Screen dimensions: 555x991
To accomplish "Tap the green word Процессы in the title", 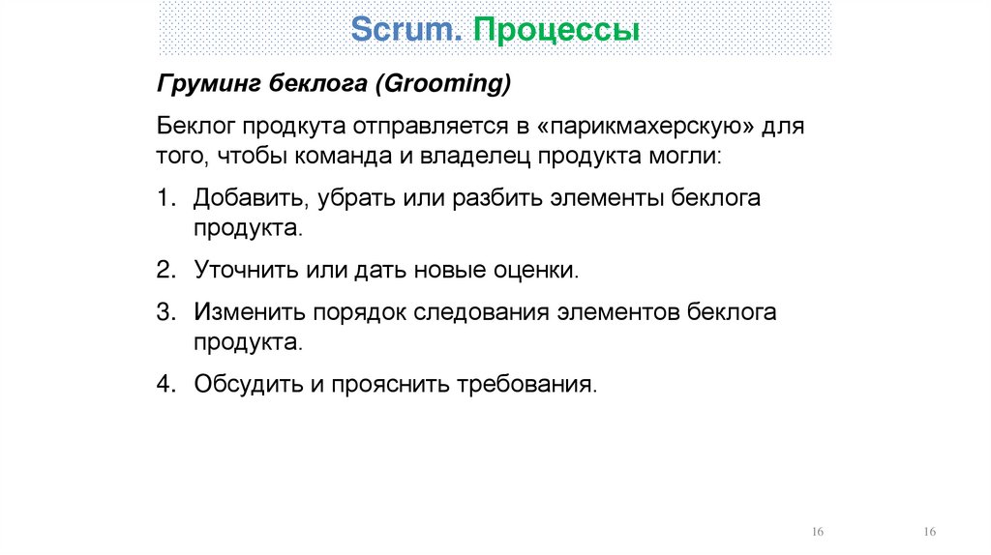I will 556,30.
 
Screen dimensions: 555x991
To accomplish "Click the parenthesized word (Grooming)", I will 441,85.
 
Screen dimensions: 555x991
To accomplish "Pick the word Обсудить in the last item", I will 247,384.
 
